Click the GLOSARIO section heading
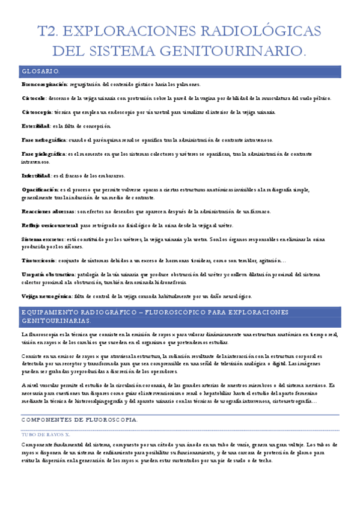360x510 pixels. (x=40, y=71)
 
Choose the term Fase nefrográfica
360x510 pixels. (x=44, y=140)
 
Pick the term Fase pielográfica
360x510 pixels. (x=43, y=154)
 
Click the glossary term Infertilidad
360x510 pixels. (x=35, y=176)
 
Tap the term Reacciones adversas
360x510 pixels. (x=48, y=211)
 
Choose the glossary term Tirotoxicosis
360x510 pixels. (x=39, y=260)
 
